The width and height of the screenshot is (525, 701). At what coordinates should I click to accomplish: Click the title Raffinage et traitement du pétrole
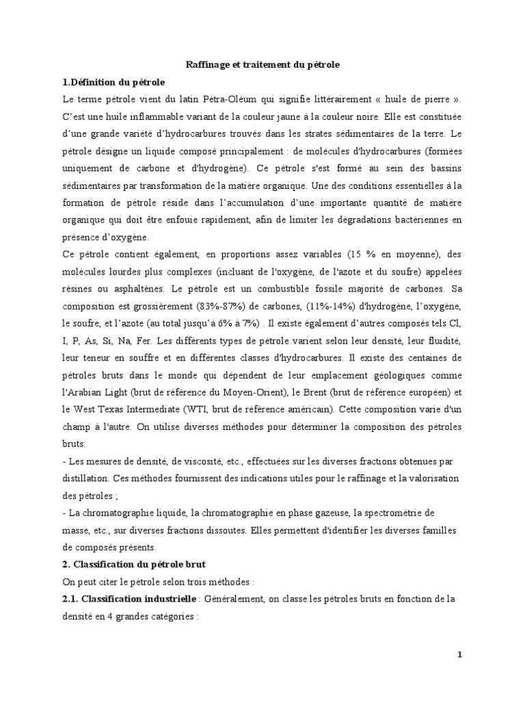point(263,64)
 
